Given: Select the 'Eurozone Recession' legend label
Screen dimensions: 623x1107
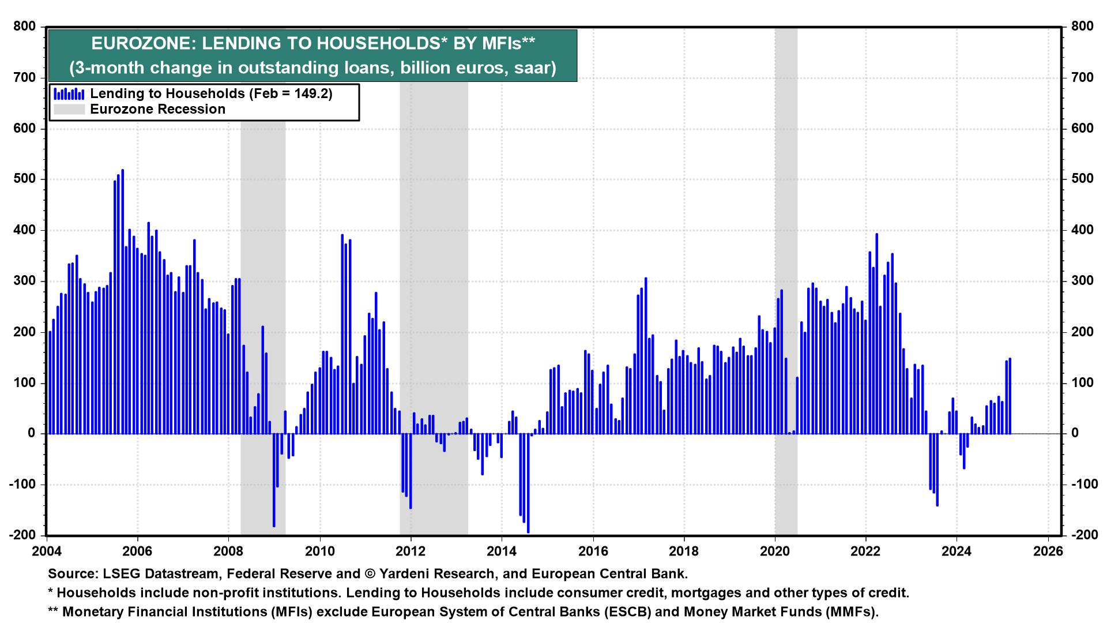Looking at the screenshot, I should (157, 109).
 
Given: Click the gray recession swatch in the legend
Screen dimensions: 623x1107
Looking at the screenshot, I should (69, 109).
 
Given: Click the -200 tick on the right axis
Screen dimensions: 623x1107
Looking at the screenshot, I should (1085, 535).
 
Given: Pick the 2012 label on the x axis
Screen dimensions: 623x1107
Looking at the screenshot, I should (411, 551).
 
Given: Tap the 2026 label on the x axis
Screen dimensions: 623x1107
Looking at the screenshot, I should (1048, 551).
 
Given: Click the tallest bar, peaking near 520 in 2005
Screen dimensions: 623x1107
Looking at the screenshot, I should (123, 300).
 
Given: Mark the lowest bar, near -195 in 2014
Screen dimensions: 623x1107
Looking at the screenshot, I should (528, 483).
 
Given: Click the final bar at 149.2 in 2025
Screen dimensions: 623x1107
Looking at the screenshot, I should (1010, 396).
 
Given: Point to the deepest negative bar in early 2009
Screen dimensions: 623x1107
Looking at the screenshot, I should (274, 480).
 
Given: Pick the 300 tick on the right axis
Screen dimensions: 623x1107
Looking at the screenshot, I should (1082, 281).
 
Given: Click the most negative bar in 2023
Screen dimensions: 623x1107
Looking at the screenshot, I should (937, 470).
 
